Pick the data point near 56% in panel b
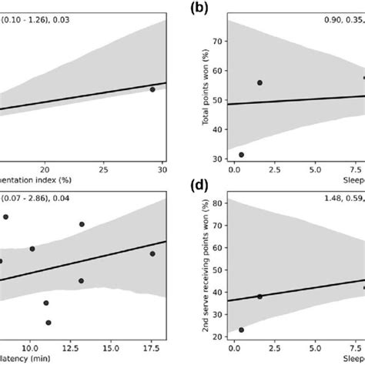pyautogui.click(x=260, y=82)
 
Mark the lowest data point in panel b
pyautogui.click(x=242, y=155)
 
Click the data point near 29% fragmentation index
pyautogui.click(x=152, y=89)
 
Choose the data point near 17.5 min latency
pyautogui.click(x=152, y=253)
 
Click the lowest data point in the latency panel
pyautogui.click(x=48, y=323)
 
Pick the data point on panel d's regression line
pyautogui.click(x=260, y=296)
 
